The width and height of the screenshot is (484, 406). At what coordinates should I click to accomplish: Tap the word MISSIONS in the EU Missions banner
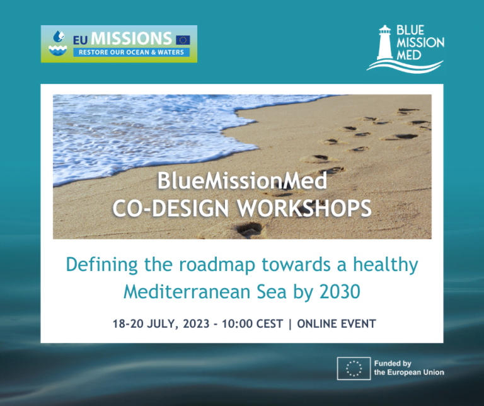(131, 38)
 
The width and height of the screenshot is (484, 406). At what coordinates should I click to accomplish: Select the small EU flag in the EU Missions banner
(183, 40)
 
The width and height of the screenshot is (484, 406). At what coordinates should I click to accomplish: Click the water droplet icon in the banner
(59, 37)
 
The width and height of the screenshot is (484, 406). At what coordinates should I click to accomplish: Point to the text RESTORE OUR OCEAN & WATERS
(131, 52)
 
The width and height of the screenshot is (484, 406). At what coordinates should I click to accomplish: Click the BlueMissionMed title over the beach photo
(242, 180)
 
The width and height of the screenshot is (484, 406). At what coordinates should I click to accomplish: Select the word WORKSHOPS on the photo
(304, 209)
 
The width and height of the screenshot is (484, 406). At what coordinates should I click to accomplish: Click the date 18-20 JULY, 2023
(161, 324)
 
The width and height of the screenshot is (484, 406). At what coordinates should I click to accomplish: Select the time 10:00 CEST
(253, 324)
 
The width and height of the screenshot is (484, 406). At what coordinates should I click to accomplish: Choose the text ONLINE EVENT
(337, 324)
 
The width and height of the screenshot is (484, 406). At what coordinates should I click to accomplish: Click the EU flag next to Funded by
(354, 368)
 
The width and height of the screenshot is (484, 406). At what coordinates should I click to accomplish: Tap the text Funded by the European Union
(409, 368)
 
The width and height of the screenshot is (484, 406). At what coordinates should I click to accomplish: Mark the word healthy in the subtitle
(386, 265)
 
